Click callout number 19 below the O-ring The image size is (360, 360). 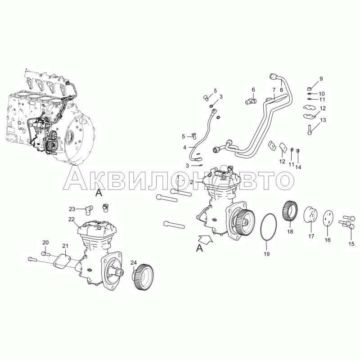click(266, 254)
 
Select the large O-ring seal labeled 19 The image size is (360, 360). click(261, 227)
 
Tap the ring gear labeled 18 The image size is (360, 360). click(290, 211)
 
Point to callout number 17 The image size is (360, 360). click(311, 236)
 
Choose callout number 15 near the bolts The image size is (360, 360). click(351, 243)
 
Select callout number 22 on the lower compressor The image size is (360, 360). click(72, 219)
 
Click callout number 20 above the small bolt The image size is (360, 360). click(45, 243)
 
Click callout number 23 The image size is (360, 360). click(72, 209)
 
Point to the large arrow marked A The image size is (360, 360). click(205, 239)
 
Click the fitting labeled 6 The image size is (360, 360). click(251, 101)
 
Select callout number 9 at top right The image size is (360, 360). click(321, 78)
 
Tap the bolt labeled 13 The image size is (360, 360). click(309, 129)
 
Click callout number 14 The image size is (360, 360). click(298, 167)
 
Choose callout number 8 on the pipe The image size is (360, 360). click(282, 90)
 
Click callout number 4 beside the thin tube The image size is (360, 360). click(184, 148)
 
